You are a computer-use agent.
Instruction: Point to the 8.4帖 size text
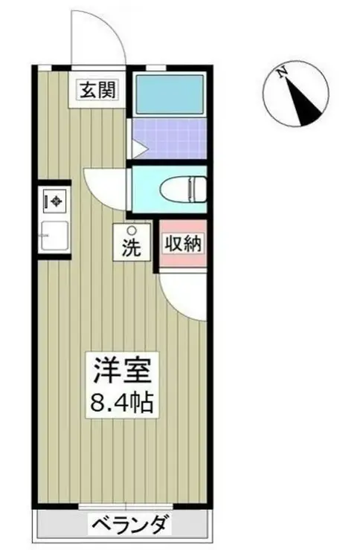coord(123,404)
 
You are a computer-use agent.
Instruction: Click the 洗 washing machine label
coord(131,249)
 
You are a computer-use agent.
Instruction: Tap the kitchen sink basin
coord(55,234)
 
